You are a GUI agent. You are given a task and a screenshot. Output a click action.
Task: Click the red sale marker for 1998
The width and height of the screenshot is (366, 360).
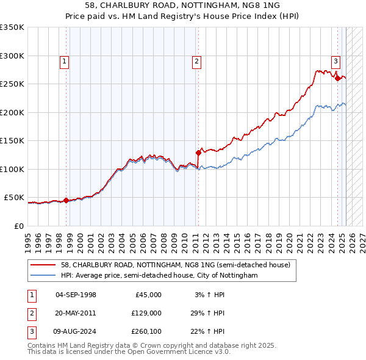pyautogui.click(x=66, y=200)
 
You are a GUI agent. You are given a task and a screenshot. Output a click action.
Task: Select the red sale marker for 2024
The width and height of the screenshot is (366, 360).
pyautogui.click(x=337, y=77)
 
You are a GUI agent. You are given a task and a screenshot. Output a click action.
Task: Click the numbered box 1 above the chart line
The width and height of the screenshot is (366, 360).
pyautogui.click(x=64, y=60)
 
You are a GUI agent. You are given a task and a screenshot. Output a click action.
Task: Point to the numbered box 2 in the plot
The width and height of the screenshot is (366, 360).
pyautogui.click(x=196, y=60)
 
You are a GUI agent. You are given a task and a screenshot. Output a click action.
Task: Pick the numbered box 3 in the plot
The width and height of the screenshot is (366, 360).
pyautogui.click(x=335, y=60)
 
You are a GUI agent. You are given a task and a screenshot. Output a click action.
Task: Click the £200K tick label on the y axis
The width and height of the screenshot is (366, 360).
pyautogui.click(x=12, y=112)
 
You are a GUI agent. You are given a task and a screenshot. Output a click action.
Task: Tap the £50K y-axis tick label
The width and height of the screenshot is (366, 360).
pyautogui.click(x=14, y=198)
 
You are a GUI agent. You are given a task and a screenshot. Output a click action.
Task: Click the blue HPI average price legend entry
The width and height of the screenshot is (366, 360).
pyautogui.click(x=159, y=276)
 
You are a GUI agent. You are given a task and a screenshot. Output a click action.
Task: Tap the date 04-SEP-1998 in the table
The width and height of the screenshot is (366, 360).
pyautogui.click(x=76, y=295)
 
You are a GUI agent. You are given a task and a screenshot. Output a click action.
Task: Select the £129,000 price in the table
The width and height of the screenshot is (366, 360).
pyautogui.click(x=146, y=313)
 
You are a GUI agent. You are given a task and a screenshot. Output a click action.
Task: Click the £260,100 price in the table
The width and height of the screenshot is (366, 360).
pyautogui.click(x=146, y=331)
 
